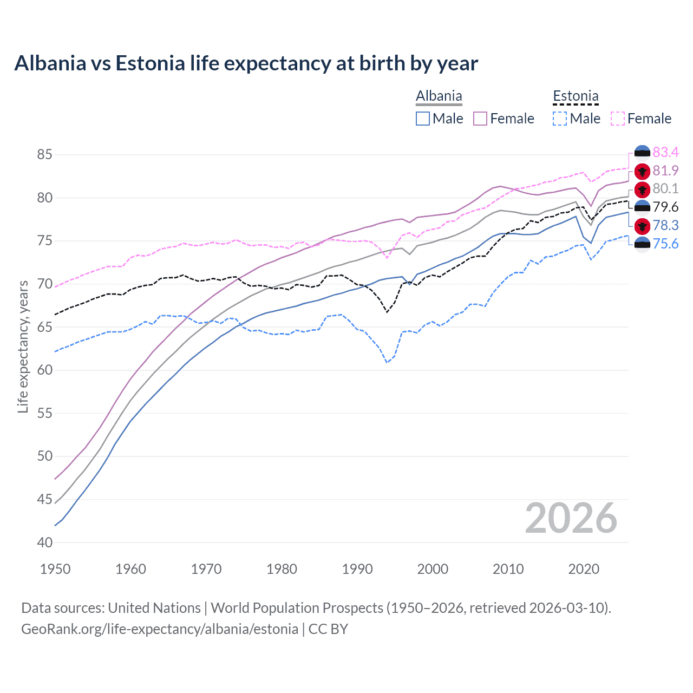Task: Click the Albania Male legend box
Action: pos(423,119)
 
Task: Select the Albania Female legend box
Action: pos(480,119)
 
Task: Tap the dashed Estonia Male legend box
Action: pos(560,119)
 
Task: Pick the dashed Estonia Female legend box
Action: pos(617,119)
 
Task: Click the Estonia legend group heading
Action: pos(576,96)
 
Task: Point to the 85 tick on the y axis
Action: pos(44,155)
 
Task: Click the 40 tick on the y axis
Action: pos(44,542)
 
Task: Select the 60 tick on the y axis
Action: pos(44,370)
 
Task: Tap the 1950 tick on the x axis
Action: pos(55,569)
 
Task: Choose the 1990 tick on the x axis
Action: pos(357,569)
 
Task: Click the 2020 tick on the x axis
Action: pos(584,569)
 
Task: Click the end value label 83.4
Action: pos(665,152)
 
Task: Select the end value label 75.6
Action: pos(665,244)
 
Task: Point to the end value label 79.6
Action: pos(665,207)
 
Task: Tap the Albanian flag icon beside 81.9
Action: pos(642,171)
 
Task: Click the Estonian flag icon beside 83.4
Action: pos(642,153)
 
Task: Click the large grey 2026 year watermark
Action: pos(571,518)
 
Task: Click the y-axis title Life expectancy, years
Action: pos(23,346)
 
